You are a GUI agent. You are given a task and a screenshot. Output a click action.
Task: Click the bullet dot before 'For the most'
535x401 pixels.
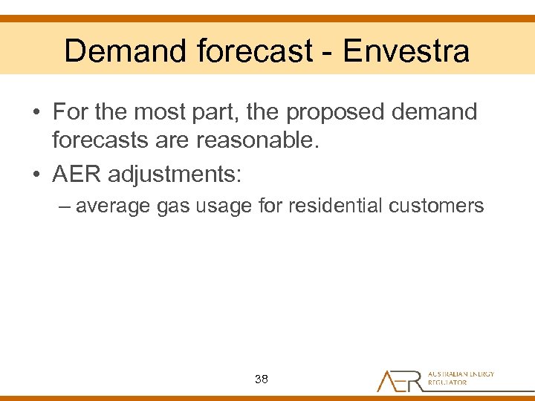[x=36, y=114]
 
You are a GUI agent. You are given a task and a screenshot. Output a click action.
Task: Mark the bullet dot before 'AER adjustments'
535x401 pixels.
[x=36, y=175]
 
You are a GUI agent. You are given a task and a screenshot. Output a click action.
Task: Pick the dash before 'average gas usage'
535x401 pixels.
[x=65, y=206]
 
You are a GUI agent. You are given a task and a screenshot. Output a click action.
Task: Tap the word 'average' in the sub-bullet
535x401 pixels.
[x=113, y=206]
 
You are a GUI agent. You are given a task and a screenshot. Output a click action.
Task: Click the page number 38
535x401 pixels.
[x=261, y=379]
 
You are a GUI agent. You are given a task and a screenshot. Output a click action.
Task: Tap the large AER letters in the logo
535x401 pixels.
[x=401, y=380]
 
